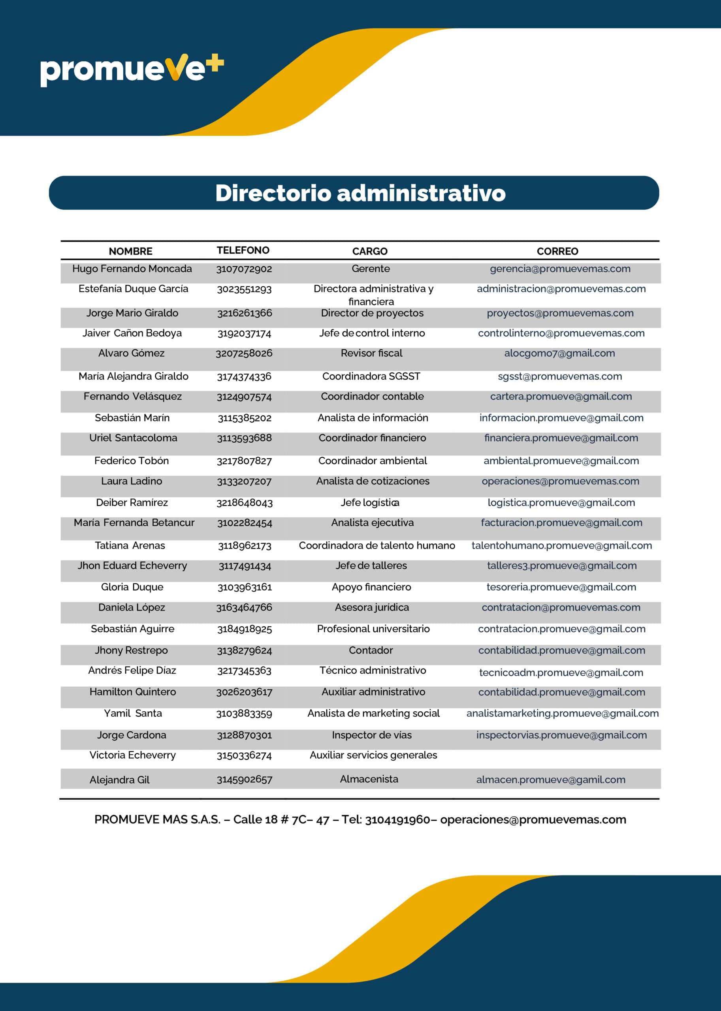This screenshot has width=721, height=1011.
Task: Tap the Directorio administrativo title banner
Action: click(x=360, y=193)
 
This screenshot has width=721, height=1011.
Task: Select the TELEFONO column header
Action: click(x=243, y=250)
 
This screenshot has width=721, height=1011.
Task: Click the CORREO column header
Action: click(x=557, y=251)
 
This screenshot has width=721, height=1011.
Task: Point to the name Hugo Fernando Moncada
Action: click(x=132, y=269)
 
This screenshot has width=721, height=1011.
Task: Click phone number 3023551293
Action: click(x=244, y=289)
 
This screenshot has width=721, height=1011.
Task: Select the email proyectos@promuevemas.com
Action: click(x=560, y=313)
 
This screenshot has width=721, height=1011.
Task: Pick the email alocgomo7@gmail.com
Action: click(x=559, y=353)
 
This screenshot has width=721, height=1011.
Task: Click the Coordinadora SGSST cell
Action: click(x=371, y=376)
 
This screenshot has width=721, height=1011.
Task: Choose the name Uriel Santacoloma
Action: click(x=133, y=438)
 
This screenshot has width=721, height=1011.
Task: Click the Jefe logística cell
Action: click(x=370, y=502)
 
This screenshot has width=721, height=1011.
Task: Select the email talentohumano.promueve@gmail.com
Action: click(x=561, y=545)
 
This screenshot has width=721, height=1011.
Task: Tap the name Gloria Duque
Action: click(x=132, y=587)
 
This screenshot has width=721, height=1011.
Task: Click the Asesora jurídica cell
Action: click(x=372, y=607)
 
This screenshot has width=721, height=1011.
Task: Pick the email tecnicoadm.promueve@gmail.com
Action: click(x=561, y=673)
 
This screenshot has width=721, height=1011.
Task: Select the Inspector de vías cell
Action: click(x=372, y=735)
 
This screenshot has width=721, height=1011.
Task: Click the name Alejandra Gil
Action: click(x=119, y=780)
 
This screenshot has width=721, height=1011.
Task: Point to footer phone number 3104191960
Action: click(x=397, y=819)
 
